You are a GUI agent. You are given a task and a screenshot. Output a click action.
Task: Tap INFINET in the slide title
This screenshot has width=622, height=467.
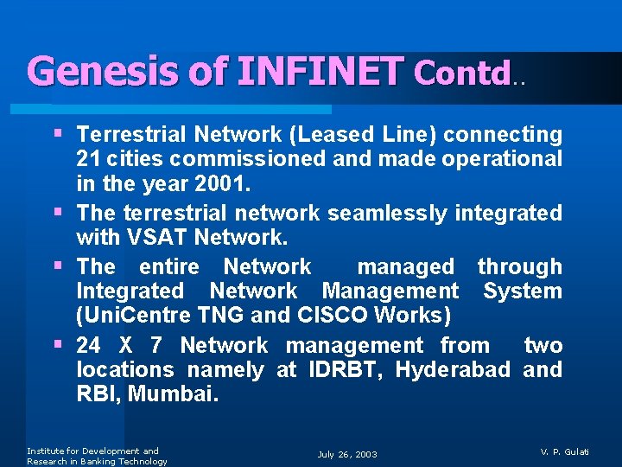(319, 71)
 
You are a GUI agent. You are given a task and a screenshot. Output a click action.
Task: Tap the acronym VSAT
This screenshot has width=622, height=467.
(159, 236)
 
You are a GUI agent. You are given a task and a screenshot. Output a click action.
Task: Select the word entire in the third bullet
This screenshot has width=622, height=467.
(168, 266)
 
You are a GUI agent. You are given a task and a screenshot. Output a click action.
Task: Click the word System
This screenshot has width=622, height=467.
(523, 291)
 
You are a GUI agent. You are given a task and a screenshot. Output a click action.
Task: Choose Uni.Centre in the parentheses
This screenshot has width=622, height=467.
(123, 315)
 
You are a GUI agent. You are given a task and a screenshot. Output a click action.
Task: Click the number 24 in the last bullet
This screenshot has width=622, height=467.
(88, 346)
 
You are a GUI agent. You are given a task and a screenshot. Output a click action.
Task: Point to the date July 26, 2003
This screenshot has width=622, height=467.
(347, 454)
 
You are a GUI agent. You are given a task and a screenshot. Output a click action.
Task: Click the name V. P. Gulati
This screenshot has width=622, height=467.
(566, 452)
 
